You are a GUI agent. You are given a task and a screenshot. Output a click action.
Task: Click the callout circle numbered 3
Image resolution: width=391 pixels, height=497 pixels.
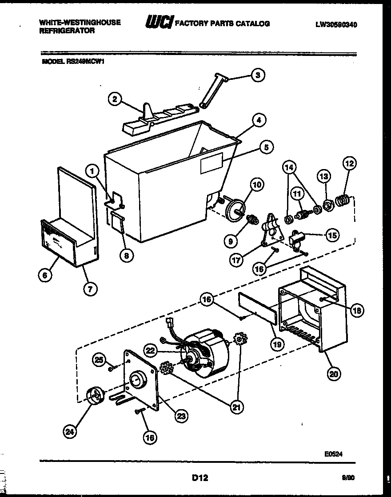[258, 75]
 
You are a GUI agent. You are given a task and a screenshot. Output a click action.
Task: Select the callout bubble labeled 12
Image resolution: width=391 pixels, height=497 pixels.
[349, 164]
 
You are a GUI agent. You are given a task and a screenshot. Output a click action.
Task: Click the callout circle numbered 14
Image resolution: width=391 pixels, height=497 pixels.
[289, 167]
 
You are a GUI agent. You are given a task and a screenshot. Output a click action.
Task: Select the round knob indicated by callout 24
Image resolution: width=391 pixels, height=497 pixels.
[94, 395]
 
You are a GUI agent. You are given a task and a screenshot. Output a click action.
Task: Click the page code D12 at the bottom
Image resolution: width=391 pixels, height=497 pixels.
[199, 478]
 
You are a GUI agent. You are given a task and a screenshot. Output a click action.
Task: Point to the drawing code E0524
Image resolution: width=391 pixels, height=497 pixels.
[333, 454]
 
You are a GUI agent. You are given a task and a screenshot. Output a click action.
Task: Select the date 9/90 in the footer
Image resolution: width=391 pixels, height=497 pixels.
[348, 478]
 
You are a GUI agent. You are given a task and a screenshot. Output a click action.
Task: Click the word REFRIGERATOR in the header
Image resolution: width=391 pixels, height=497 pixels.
[67, 31]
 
